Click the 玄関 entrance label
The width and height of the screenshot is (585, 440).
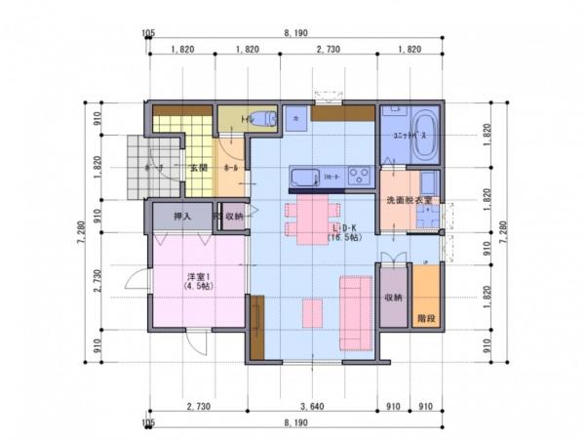(198, 168)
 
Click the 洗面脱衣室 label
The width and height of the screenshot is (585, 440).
(409, 200)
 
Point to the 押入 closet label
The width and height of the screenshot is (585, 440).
(182, 217)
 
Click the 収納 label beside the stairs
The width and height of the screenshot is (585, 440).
(393, 298)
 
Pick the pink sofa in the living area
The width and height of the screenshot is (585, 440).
(352, 312)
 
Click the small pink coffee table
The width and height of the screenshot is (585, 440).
(312, 313)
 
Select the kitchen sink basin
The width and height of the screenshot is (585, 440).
(303, 178)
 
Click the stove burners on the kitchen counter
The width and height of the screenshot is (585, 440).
(359, 177)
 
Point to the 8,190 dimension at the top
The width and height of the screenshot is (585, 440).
(296, 32)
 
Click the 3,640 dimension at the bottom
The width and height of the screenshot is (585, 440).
(312, 405)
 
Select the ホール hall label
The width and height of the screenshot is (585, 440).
(232, 168)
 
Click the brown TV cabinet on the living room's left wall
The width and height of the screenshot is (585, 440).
(257, 327)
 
